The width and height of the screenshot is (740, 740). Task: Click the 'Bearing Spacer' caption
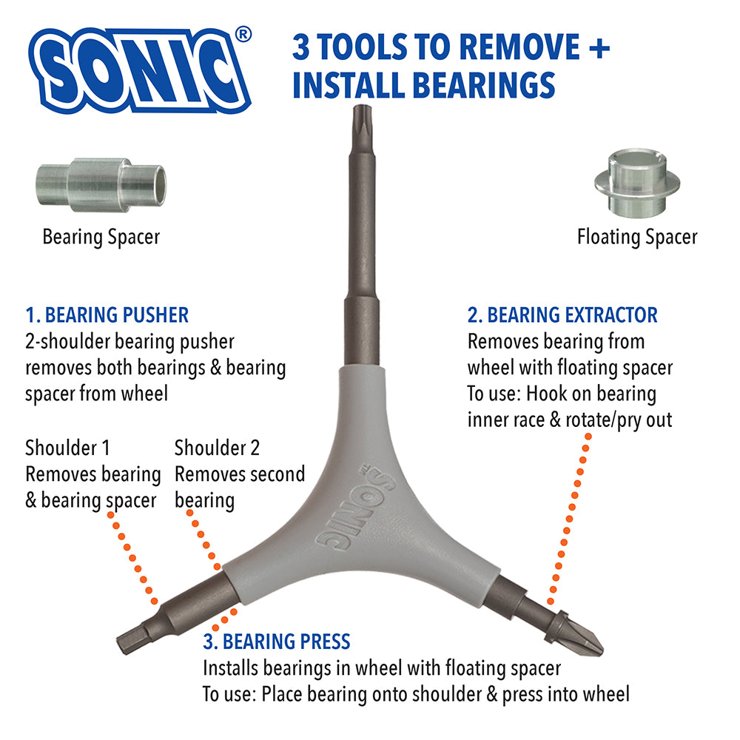(x=101, y=237)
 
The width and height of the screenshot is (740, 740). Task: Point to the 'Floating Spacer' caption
(x=637, y=237)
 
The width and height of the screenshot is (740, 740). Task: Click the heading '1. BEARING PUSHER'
(x=107, y=315)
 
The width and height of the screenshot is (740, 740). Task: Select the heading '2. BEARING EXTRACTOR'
(x=562, y=315)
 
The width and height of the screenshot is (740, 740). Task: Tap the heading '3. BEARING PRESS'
(x=277, y=641)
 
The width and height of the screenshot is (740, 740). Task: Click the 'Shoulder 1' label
(x=67, y=448)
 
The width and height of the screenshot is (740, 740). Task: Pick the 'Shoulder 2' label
(x=218, y=448)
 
